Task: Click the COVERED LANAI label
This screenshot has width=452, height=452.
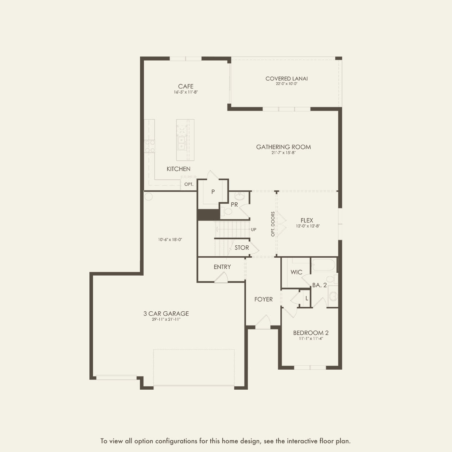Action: pos(287,78)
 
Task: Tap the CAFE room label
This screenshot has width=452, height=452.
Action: pos(186,86)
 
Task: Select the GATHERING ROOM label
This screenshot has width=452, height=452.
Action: pos(283,147)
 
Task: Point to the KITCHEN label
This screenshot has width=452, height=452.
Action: pos(178,169)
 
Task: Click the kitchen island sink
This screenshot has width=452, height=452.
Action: pos(181,143)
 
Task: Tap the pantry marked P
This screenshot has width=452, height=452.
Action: pos(213,192)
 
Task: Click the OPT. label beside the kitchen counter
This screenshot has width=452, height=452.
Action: pos(189,184)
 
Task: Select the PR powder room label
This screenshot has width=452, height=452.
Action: pos(234,205)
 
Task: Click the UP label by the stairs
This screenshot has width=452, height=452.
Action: pos(254,230)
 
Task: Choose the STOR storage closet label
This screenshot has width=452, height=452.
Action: pos(242,248)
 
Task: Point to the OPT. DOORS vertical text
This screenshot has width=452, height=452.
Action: pos(273,224)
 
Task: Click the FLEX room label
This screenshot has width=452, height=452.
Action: pos(307,220)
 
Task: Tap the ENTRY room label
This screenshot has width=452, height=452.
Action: pos(222,267)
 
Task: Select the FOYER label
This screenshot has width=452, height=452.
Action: pos(263,299)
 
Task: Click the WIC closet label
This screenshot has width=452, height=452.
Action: pos(296,272)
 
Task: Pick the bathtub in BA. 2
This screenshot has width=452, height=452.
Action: pos(323,265)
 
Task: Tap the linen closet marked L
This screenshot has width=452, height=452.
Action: pos(307,299)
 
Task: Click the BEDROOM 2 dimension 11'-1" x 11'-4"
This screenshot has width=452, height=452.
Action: pos(311,339)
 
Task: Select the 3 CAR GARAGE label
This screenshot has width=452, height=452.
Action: pos(166,313)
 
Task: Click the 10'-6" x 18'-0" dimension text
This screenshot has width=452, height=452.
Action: pos(170,239)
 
